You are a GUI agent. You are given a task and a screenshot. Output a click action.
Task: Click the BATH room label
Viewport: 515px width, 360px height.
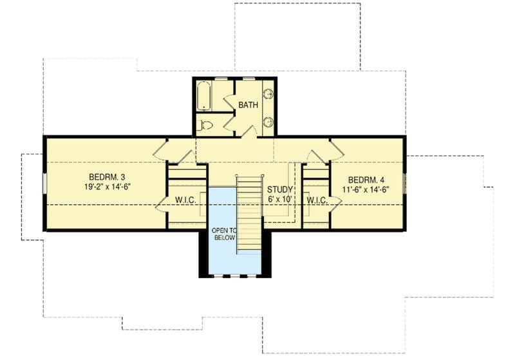tap(248, 104)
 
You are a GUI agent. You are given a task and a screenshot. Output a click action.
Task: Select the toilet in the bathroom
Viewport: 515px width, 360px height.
tap(207, 126)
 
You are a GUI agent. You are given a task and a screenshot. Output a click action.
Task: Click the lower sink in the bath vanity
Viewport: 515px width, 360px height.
tap(269, 122)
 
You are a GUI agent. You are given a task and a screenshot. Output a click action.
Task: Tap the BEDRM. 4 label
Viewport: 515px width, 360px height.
tap(367, 180)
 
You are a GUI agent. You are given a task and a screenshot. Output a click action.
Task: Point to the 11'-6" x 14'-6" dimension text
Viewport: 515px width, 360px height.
tap(367, 189)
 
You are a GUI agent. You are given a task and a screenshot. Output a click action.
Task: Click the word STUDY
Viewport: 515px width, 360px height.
tap(281, 189)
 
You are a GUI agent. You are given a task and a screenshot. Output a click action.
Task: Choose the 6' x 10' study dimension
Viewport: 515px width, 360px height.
tap(281, 199)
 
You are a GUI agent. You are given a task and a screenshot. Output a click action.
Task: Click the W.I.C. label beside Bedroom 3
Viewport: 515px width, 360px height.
tap(186, 200)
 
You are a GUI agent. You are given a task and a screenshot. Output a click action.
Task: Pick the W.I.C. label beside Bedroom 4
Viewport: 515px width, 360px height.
tap(317, 200)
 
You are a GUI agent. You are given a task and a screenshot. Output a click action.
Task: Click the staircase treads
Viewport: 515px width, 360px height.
tap(248, 213)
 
